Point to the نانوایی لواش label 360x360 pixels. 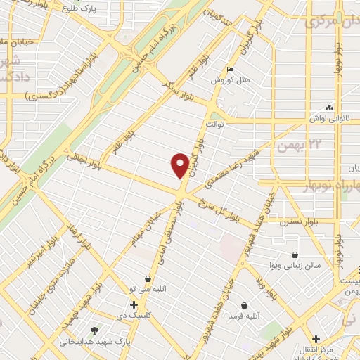pyautogui.click(x=328, y=120)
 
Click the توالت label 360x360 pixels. pyautogui.click(x=214, y=124)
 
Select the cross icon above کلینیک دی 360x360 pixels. pyautogui.click(x=134, y=304)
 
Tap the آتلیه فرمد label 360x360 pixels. pyautogui.click(x=244, y=317)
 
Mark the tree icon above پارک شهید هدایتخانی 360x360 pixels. pyautogui.click(x=94, y=330)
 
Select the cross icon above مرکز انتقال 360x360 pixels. pyautogui.click(x=317, y=339)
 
